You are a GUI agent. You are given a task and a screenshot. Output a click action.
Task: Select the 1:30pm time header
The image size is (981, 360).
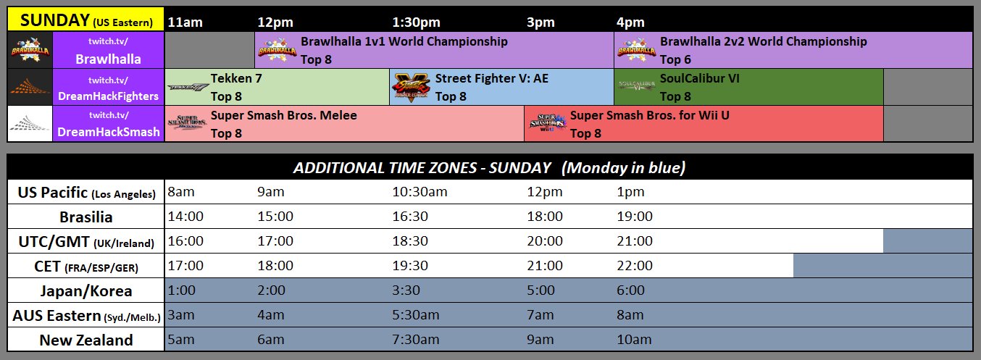416,22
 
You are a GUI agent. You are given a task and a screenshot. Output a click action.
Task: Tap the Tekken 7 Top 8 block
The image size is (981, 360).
277,86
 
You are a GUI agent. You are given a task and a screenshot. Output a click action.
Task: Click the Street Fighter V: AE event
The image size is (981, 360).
501,86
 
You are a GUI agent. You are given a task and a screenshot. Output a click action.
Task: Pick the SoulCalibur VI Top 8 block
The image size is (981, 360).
748,86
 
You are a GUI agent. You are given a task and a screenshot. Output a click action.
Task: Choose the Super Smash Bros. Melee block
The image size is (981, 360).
345,123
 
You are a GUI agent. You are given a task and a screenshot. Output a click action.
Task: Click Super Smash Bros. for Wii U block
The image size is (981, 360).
704,123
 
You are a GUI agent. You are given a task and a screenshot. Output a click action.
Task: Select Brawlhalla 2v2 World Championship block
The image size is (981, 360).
793,50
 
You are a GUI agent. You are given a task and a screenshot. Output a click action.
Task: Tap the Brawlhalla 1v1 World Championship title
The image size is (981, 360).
404,42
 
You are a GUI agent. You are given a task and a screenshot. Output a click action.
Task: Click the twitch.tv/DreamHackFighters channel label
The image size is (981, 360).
109,88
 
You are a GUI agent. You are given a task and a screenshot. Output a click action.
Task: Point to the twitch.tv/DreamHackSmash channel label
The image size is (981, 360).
109,124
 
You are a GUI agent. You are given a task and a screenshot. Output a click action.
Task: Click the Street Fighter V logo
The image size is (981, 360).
411,87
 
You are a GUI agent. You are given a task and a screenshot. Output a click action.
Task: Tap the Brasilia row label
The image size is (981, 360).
86,217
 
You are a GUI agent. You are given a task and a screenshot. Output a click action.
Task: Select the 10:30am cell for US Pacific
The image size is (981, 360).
420,192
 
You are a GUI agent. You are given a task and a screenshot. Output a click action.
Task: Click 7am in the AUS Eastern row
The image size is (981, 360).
540,315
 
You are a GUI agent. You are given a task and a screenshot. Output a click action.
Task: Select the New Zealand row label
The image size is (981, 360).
86,340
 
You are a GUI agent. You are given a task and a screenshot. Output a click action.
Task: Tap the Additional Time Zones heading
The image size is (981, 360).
489,168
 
